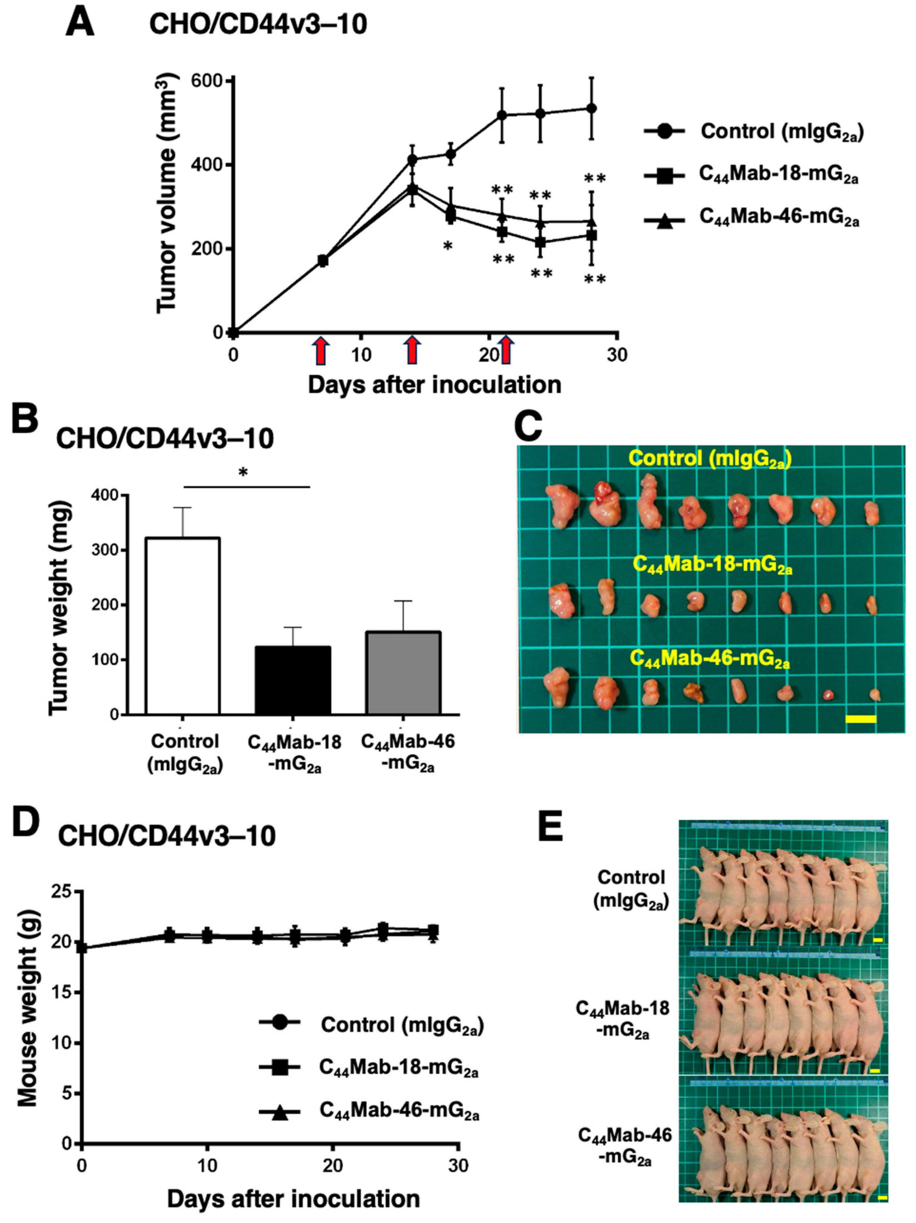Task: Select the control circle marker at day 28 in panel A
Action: (591, 108)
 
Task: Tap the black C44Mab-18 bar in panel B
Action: (293, 680)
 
